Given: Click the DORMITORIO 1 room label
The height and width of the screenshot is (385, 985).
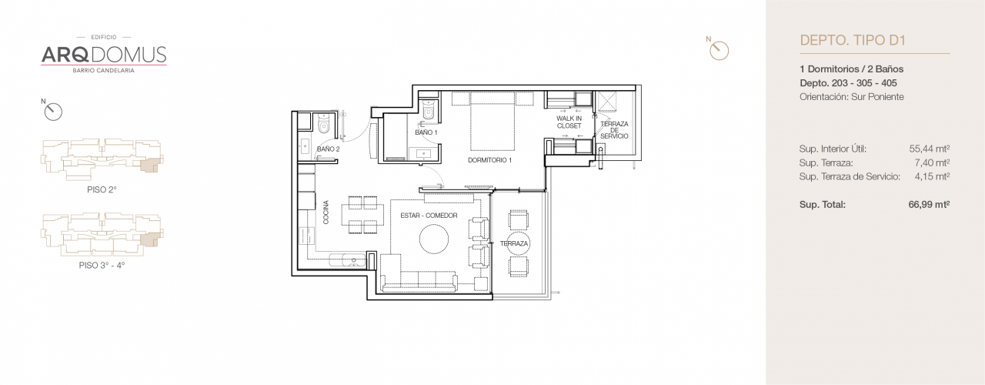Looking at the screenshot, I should (489, 160).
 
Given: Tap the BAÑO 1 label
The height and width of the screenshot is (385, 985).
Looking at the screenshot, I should (426, 132).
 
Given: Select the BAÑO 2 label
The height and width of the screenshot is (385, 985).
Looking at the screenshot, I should (328, 149).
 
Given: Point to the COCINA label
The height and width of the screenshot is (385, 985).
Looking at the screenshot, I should (326, 213).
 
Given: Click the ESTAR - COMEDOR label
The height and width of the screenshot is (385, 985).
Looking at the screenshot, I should (429, 216).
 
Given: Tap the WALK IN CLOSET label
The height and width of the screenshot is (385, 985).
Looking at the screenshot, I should (569, 122).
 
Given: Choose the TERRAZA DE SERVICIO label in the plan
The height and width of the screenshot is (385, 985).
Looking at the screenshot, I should (614, 130).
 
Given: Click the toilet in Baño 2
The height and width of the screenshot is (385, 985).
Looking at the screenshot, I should (324, 123).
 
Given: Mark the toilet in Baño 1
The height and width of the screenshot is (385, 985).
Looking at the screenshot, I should (429, 112).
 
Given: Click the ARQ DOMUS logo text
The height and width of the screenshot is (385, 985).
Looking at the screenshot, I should (103, 54).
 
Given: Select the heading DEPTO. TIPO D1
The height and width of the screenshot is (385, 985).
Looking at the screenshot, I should (848, 40).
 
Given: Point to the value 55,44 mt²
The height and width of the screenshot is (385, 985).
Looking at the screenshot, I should (929, 149).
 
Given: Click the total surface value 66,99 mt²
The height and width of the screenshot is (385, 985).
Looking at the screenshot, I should (929, 204).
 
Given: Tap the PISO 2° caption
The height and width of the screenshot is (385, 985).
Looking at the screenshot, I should (102, 189).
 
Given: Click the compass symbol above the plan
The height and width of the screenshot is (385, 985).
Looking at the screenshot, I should (718, 49).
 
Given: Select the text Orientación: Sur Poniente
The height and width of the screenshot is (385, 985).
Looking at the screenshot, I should (852, 96).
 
